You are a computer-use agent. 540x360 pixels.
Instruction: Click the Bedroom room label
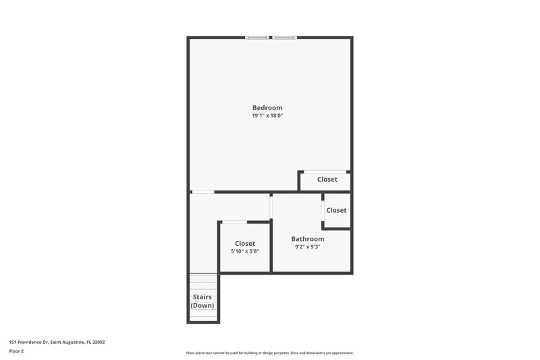(267, 107)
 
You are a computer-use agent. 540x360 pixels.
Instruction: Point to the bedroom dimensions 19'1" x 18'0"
(267, 116)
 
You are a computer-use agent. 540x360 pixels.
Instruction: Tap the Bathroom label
(308, 239)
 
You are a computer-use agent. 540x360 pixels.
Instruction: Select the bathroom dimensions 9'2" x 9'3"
(308, 247)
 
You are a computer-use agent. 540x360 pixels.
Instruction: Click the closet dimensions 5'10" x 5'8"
(245, 251)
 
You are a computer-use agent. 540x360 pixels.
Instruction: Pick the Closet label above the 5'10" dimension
(245, 243)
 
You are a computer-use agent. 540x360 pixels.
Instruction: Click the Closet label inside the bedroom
(327, 180)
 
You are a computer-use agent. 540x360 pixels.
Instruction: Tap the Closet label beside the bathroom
(336, 210)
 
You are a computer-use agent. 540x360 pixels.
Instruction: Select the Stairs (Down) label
(202, 301)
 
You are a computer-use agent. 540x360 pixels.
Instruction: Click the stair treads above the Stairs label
(202, 282)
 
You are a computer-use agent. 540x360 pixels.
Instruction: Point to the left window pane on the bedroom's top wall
(257, 37)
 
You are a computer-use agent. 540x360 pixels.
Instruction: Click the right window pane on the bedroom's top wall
(285, 37)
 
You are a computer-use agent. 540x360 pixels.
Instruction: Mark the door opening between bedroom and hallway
(202, 192)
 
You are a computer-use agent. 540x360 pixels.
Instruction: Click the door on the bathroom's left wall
(271, 207)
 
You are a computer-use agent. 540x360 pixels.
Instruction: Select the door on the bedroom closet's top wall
(325, 172)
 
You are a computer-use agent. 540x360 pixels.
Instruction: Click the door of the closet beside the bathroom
(324, 211)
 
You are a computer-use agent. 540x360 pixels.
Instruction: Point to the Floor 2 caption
(16, 351)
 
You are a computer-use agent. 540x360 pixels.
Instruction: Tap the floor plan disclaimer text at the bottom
(269, 353)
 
